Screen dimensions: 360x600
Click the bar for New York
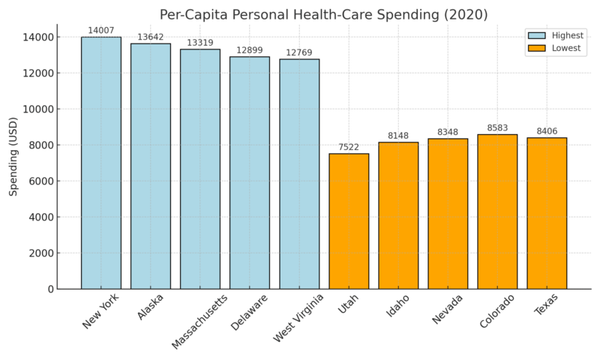click(x=100, y=163)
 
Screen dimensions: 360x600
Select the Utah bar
click(x=349, y=221)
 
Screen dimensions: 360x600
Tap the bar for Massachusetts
click(x=200, y=169)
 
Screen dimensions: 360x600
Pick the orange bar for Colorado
click(x=497, y=211)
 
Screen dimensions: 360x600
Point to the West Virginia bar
click(x=299, y=174)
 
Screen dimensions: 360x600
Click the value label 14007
click(x=100, y=31)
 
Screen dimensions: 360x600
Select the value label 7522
click(x=349, y=148)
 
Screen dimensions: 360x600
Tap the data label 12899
click(x=250, y=51)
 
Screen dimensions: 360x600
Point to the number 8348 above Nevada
click(x=448, y=133)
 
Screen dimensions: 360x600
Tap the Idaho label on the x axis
click(x=398, y=306)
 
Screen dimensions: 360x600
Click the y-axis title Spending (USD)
click(x=13, y=157)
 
